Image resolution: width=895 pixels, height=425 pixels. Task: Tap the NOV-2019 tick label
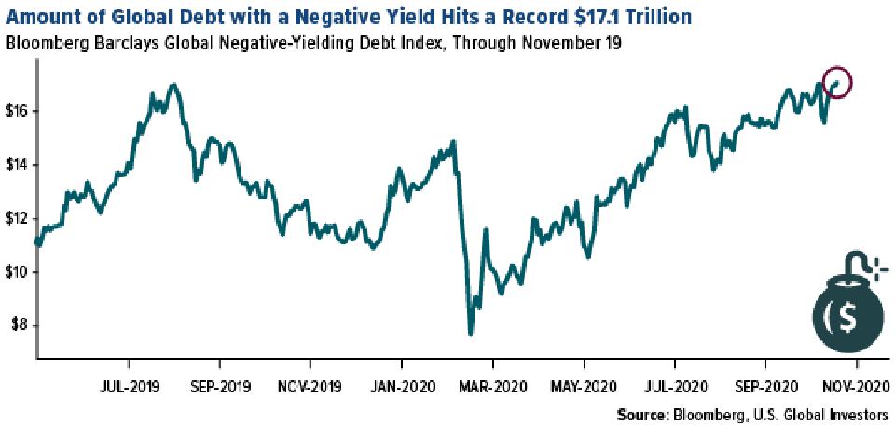[310, 384]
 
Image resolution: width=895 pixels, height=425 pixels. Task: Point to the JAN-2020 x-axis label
[401, 384]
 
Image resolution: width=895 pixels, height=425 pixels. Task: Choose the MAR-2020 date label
[492, 384]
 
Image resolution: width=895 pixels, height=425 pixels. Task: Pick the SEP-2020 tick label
[764, 384]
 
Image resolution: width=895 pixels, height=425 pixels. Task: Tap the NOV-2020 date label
[856, 384]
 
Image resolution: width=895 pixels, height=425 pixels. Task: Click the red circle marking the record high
[838, 82]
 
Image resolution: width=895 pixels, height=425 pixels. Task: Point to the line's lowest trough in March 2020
[471, 333]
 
